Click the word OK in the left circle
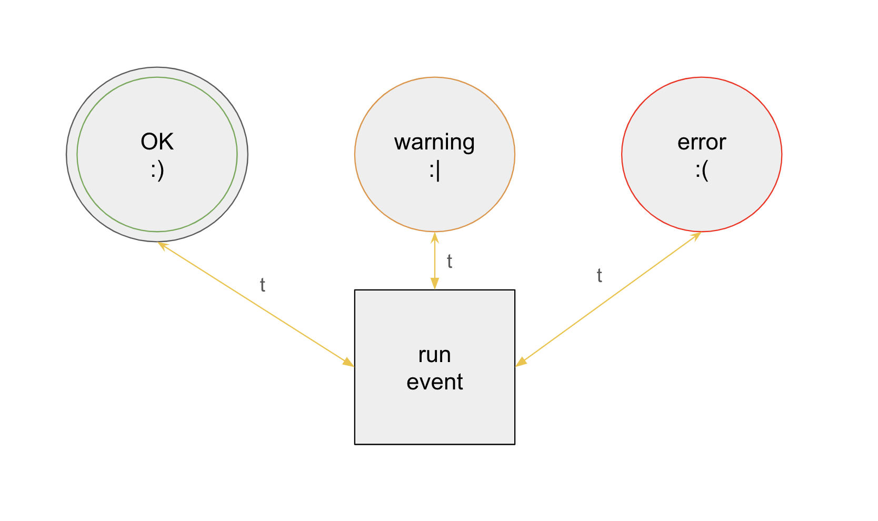point(157,142)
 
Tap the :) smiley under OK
point(157,170)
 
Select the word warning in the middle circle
point(434,142)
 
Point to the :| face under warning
point(434,171)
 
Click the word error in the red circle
point(701,142)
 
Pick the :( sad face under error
point(701,171)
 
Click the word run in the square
point(434,355)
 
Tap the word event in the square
point(434,382)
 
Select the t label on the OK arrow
point(262,285)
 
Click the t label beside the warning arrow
point(449,261)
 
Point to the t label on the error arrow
point(599,275)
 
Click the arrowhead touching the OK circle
point(162,245)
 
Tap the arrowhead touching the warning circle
point(435,237)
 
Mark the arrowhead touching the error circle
point(696,235)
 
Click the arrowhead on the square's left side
point(348,363)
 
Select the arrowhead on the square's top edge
point(435,284)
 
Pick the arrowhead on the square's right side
point(521,362)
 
